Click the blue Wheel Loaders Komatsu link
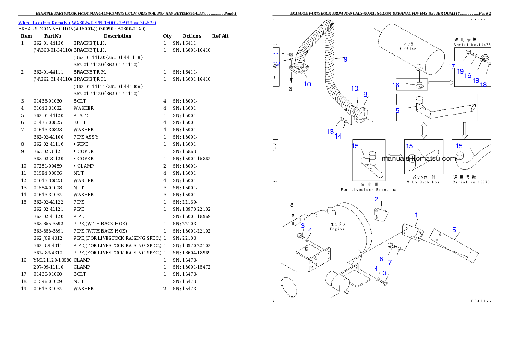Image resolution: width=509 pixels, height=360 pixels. point(87,22)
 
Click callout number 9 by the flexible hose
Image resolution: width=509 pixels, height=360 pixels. point(345,59)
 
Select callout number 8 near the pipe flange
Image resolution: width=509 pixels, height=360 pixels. point(365,94)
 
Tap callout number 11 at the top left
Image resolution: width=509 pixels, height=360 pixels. point(276,56)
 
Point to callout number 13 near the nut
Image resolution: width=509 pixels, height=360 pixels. point(330,131)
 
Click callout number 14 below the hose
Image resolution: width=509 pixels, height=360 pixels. point(338,136)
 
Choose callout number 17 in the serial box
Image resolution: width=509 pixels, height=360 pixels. point(452,67)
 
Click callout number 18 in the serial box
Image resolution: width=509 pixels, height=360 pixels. point(483,85)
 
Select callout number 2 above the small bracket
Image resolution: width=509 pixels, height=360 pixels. point(376,199)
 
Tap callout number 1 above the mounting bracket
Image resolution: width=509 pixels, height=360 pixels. point(416,215)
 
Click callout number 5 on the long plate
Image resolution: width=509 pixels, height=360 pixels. point(454,230)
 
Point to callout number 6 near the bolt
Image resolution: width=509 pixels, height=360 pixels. point(381,259)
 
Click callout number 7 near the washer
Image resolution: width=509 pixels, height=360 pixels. point(390,262)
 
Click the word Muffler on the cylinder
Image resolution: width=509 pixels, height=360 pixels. point(407,49)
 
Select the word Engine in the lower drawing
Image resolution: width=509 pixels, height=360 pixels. point(337,229)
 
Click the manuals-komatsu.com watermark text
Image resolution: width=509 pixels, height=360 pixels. point(419,159)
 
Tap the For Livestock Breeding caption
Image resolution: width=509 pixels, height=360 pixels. point(368,189)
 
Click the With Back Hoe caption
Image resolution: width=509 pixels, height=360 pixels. point(424,182)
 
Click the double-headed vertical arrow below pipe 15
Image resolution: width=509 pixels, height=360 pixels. point(424,130)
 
